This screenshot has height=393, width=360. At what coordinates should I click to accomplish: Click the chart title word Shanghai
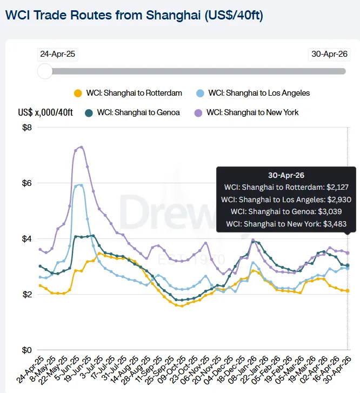(173, 16)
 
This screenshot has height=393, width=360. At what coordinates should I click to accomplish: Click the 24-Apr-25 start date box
(58, 55)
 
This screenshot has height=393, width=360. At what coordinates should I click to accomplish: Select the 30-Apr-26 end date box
(329, 55)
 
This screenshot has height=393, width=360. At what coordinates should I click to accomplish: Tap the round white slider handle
(45, 71)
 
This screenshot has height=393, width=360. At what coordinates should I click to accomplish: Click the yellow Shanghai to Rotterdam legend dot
(78, 94)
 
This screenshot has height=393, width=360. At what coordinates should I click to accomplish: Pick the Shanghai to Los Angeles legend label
(259, 93)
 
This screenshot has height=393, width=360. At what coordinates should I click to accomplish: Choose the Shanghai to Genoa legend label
(138, 112)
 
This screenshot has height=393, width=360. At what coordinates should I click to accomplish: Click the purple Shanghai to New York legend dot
(198, 113)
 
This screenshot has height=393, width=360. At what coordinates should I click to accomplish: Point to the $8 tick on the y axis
(27, 128)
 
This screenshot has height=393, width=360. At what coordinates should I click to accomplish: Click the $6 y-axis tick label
(27, 183)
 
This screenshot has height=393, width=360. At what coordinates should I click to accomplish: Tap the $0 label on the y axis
(27, 350)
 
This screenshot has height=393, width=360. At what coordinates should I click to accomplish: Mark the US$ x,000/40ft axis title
(45, 112)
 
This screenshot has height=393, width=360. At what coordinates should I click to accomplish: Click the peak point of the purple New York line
(82, 147)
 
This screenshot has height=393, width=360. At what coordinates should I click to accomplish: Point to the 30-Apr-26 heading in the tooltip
(286, 175)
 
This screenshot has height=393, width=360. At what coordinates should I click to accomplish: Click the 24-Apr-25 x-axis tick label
(30, 369)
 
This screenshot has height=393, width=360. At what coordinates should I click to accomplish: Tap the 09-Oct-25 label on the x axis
(172, 370)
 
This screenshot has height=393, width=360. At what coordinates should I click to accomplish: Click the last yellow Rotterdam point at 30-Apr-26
(348, 291)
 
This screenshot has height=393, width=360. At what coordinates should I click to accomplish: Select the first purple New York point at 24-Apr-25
(40, 250)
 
